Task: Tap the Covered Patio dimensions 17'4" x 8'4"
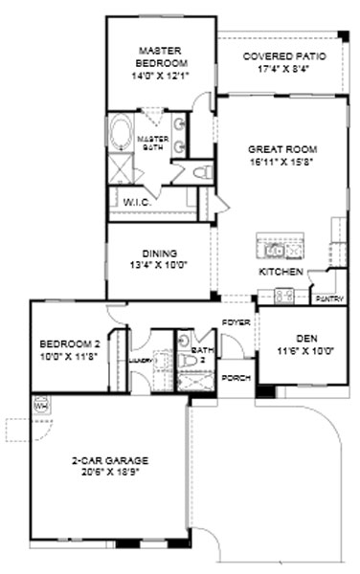click(283, 69)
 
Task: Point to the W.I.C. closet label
click(134, 202)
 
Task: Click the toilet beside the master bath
click(200, 172)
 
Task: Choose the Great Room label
click(281, 149)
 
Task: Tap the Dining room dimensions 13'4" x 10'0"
click(158, 267)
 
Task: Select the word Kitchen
click(281, 273)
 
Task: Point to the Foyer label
click(236, 322)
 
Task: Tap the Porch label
click(236, 378)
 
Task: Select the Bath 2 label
click(200, 355)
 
